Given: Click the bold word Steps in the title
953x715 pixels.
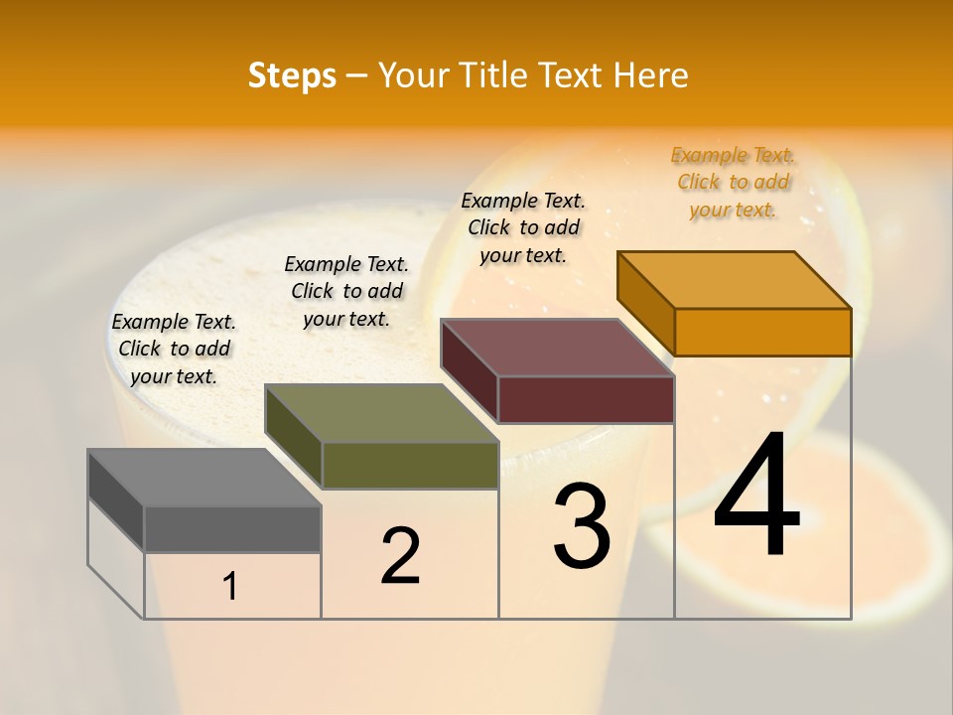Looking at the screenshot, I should [x=292, y=75].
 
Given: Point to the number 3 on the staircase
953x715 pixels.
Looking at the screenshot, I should [x=582, y=526].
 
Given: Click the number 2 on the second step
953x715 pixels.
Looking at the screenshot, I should [x=401, y=556].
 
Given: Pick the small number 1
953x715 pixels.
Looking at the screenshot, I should [x=230, y=587].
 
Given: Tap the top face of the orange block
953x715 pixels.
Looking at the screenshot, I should [x=735, y=280].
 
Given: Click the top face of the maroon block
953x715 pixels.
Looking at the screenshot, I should [x=557, y=348].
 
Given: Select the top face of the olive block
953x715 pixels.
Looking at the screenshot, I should [x=381, y=413].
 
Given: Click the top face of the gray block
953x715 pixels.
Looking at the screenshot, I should [x=204, y=478].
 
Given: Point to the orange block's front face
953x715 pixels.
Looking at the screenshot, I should [x=762, y=332].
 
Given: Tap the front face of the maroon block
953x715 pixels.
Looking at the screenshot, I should [x=586, y=399].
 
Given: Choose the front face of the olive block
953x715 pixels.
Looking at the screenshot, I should [x=410, y=465].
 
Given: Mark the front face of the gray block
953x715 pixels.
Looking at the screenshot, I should [x=232, y=528].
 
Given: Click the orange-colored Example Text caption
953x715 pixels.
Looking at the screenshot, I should [x=733, y=183].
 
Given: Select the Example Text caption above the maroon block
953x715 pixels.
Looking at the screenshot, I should [x=523, y=227].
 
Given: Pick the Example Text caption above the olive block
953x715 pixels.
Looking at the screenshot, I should [x=346, y=291].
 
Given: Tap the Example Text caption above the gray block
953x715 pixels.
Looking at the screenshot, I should [x=174, y=349].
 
